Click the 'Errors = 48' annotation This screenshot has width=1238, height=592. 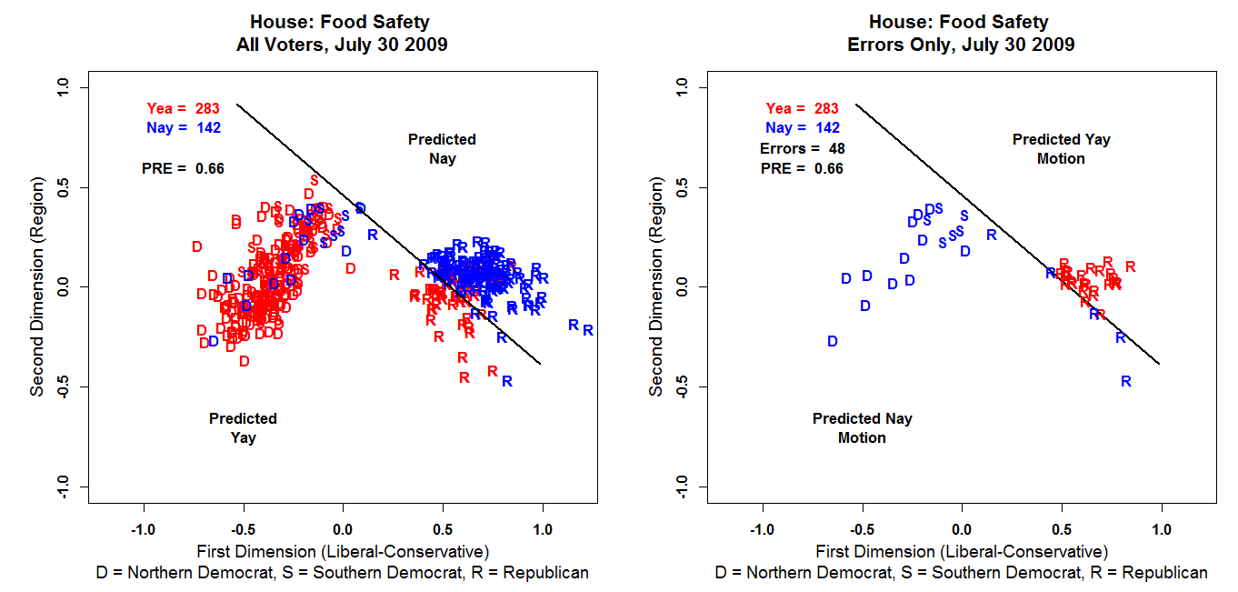801,148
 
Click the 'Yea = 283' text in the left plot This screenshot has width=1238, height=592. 184,109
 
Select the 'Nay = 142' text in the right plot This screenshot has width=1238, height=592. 803,128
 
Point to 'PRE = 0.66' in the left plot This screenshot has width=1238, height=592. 183,168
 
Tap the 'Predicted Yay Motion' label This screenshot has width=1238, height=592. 1061,149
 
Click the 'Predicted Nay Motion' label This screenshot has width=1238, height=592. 862,428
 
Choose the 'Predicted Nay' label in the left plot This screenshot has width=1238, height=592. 442,149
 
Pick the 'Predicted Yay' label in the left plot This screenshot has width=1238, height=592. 243,428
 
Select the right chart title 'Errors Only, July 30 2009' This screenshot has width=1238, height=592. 959,45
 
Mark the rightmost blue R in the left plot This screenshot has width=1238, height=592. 588,331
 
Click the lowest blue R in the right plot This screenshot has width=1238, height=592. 1126,382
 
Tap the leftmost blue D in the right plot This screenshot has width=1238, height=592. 833,341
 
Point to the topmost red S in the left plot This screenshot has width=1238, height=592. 314,180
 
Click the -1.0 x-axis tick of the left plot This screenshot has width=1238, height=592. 143,528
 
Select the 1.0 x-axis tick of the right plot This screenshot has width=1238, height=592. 1162,528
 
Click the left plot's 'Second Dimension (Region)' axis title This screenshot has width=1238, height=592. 37,287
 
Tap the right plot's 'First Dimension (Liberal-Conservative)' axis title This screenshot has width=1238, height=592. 962,551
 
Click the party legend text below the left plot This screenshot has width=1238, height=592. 342,573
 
